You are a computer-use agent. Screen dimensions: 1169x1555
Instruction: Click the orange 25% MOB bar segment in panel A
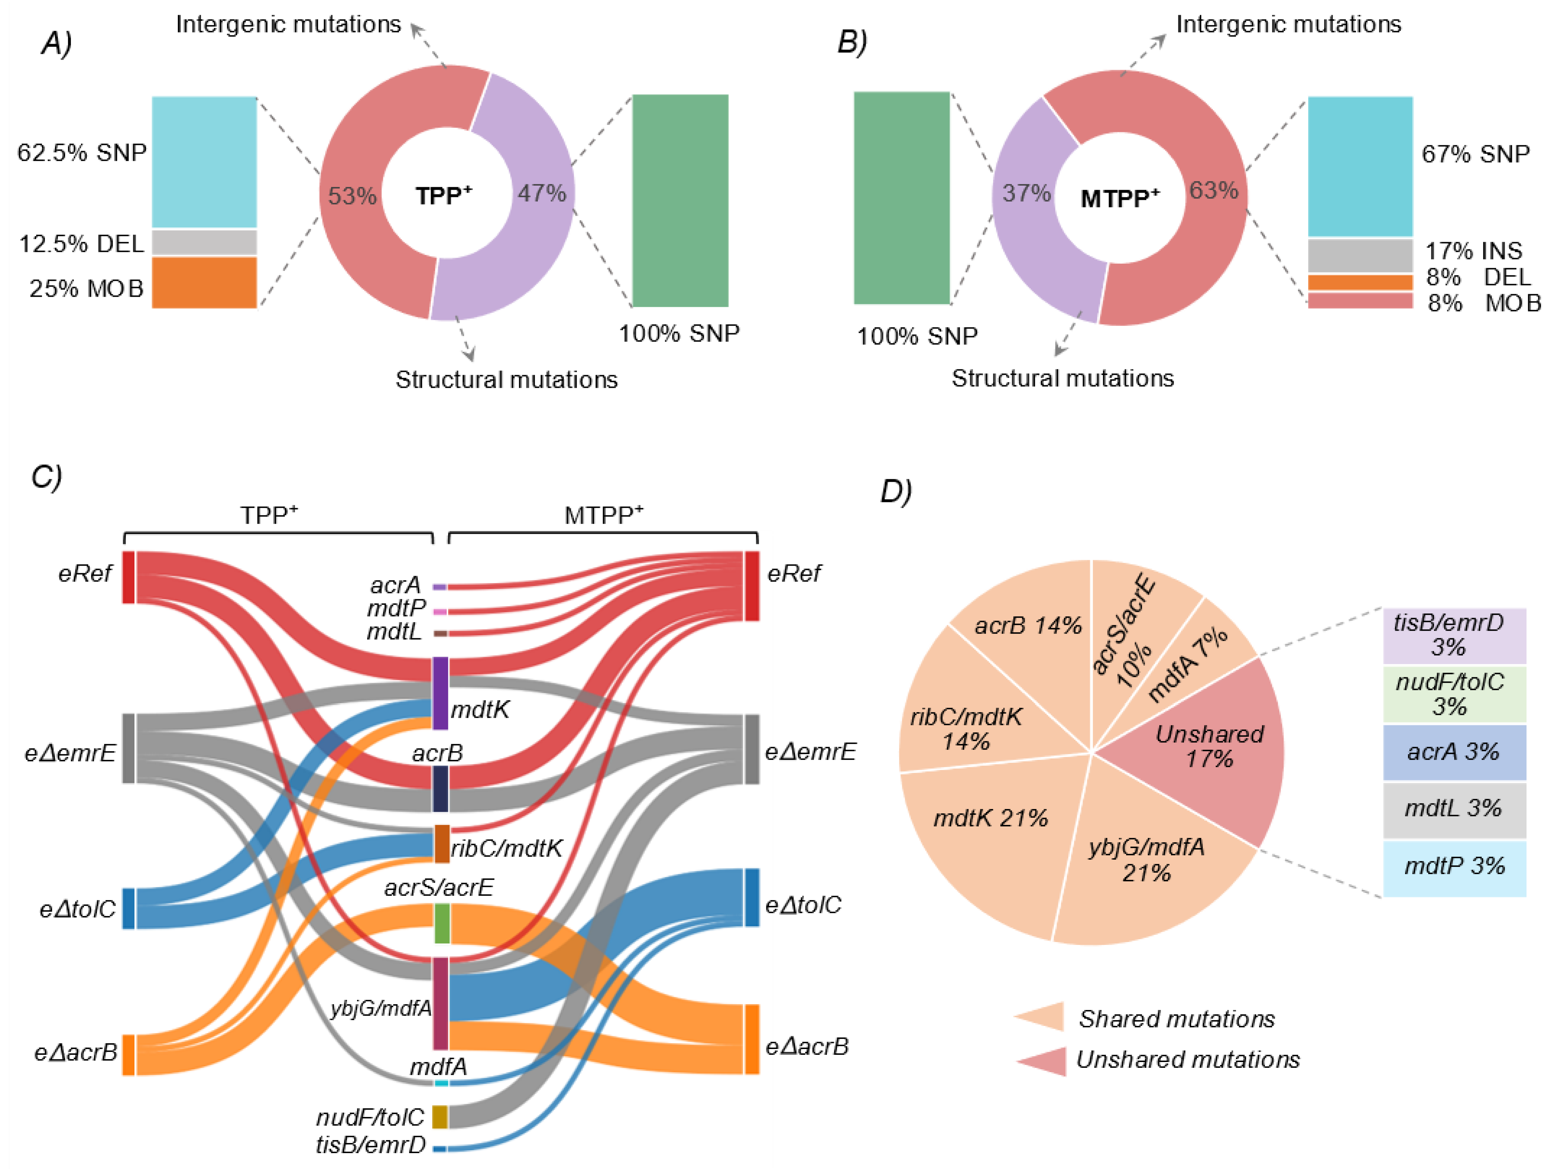[204, 283]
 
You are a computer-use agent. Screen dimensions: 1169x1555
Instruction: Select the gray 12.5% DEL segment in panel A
[204, 242]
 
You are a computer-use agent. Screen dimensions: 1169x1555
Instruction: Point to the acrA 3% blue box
[1454, 752]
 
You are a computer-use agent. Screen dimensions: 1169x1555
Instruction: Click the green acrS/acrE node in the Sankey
[441, 923]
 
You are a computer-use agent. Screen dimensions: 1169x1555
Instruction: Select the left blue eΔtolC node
[129, 908]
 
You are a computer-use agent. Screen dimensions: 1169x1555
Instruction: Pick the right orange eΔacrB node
[751, 1039]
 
